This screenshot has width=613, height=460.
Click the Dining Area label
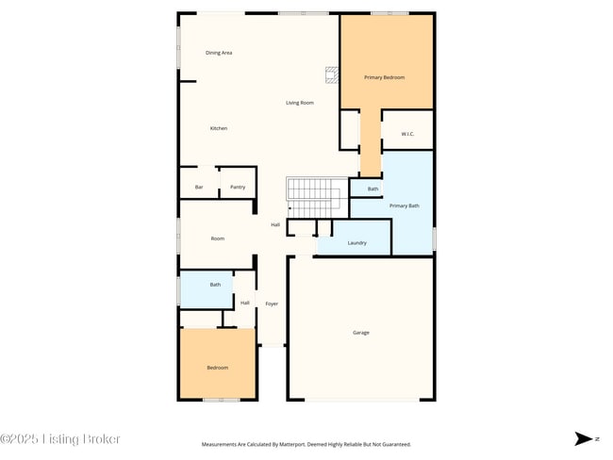click(x=219, y=53)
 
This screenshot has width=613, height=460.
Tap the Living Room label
click(x=300, y=103)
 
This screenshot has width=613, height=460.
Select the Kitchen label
click(x=218, y=128)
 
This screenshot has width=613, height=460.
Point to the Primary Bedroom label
click(x=385, y=77)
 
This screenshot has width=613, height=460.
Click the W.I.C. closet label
click(x=407, y=134)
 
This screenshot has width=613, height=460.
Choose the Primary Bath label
click(x=405, y=205)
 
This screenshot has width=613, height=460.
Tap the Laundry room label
click(x=356, y=243)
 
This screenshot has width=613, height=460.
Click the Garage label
click(x=360, y=333)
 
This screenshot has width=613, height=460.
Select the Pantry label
click(x=238, y=188)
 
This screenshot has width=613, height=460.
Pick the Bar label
click(x=198, y=188)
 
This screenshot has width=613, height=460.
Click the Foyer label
click(x=272, y=304)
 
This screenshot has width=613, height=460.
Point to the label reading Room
click(x=217, y=238)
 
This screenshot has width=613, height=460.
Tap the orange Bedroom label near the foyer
click(x=218, y=368)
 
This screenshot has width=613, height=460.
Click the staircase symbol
click(x=313, y=194)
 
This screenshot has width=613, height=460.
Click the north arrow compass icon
click(x=585, y=438)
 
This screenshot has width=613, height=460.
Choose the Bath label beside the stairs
click(x=373, y=189)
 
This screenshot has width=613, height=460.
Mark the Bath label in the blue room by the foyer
click(x=215, y=285)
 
